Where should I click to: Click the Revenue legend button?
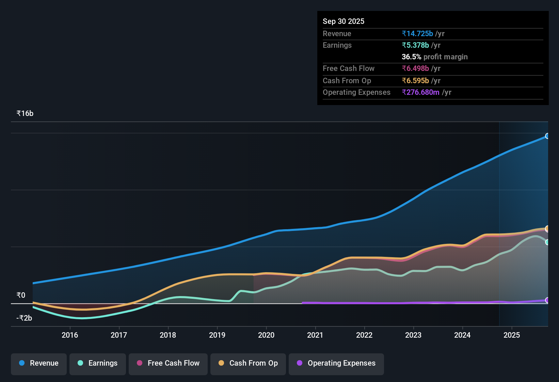(x=39, y=363)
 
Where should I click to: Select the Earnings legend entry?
(x=98, y=363)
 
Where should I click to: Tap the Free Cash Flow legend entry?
(x=168, y=363)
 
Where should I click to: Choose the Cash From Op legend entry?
(x=248, y=363)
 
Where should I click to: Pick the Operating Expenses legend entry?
(x=336, y=363)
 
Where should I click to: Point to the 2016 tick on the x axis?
(x=70, y=335)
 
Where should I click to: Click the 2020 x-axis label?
(x=266, y=335)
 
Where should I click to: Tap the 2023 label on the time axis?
(x=413, y=335)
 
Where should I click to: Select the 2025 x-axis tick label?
(x=512, y=335)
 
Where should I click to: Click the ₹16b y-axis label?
(x=25, y=114)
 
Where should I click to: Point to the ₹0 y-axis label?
(x=21, y=295)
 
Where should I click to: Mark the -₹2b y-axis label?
(x=25, y=318)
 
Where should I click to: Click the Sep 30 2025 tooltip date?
(x=344, y=21)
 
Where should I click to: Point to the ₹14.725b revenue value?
(x=417, y=34)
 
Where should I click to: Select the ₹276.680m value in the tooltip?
(x=420, y=92)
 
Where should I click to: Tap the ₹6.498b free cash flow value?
(x=415, y=69)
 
